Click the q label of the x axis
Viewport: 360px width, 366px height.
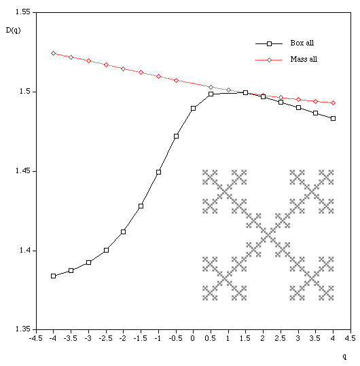tap(344, 356)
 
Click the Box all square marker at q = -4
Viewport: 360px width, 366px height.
tap(54, 276)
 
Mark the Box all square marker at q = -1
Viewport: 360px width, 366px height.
tap(158, 172)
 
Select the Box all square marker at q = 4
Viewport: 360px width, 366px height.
tap(333, 118)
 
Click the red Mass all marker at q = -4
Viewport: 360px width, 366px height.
tap(54, 53)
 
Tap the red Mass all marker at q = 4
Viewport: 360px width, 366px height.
tap(333, 103)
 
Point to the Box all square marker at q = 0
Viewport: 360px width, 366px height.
tap(193, 108)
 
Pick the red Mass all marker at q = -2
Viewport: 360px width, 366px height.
tap(123, 69)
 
